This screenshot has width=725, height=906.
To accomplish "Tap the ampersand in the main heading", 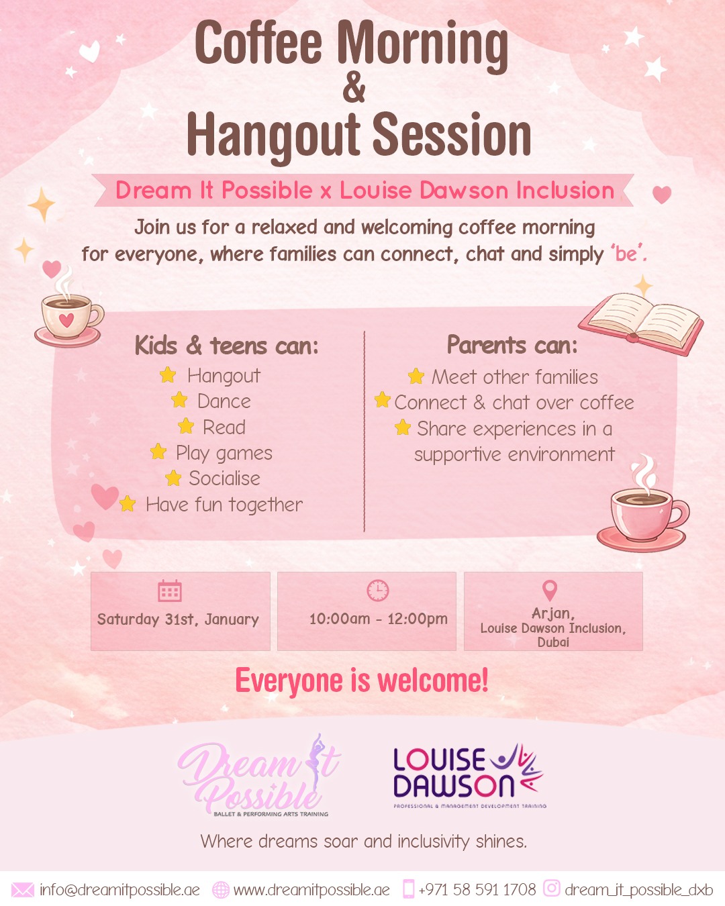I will (x=354, y=88).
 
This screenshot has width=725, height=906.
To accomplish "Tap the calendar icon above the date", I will (x=170, y=591).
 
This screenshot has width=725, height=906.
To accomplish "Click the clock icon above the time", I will (x=378, y=590).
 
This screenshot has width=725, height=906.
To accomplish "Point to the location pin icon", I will (x=550, y=590).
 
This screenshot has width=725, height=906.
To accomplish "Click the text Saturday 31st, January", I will (x=178, y=619).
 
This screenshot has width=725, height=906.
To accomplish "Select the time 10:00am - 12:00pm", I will (x=378, y=619).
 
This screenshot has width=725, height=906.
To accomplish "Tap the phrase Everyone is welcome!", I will (x=362, y=681).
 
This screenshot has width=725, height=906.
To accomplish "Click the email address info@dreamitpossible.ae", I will (x=119, y=890).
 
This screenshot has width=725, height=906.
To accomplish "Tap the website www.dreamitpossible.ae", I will (x=311, y=890).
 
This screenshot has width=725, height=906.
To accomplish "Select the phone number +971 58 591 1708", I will (x=477, y=890).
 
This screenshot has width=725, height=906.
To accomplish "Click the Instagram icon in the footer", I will (x=551, y=889).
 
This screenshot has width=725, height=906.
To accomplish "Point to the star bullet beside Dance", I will (x=179, y=401).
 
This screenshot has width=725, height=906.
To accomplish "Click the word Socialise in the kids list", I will (x=224, y=479).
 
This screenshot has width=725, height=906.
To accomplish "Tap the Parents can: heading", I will (x=512, y=345).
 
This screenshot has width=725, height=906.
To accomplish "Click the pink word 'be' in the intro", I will (x=627, y=254).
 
